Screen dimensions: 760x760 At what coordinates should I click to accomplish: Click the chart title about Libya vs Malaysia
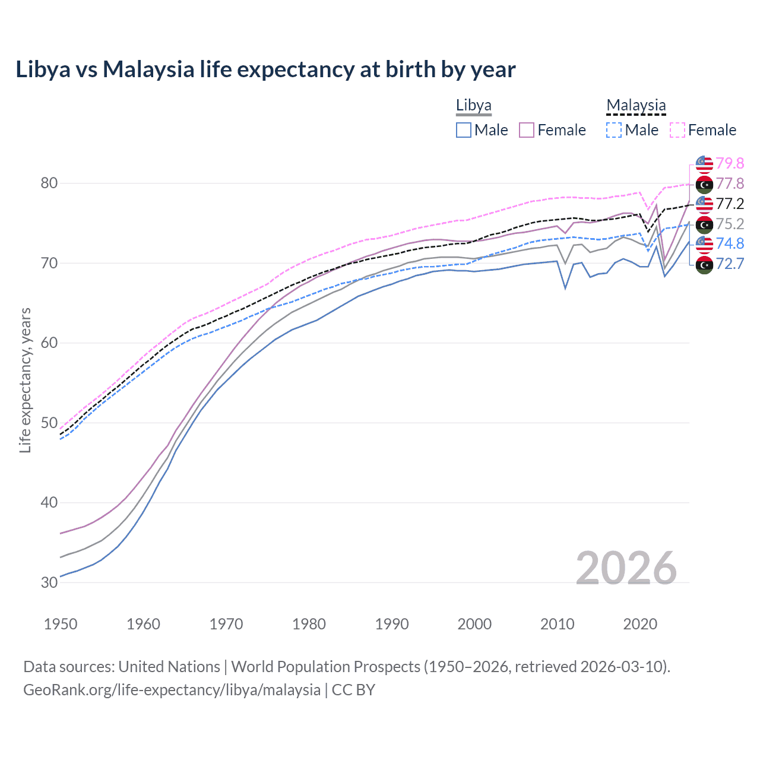[265, 69]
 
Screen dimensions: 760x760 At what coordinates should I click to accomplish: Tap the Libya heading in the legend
[473, 106]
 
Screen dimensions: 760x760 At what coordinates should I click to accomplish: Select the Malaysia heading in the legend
[636, 106]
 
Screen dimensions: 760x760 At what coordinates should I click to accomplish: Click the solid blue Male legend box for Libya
[464, 130]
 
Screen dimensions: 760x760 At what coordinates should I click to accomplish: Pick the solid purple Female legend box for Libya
[527, 130]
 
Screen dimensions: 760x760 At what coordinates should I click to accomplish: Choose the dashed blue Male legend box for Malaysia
[614, 130]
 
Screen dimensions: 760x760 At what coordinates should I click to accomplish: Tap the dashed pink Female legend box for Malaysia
[677, 130]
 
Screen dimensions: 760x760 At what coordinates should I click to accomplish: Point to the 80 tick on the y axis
[49, 183]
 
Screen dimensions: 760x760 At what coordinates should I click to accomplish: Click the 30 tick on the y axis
[49, 582]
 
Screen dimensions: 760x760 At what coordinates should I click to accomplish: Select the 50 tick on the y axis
[49, 423]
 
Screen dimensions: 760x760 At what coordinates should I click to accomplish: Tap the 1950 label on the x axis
[61, 624]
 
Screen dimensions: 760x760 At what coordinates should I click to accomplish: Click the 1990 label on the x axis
[392, 624]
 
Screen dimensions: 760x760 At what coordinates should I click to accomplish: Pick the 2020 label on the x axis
[640, 624]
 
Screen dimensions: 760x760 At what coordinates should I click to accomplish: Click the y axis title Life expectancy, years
[26, 380]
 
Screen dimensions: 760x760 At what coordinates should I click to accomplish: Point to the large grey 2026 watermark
[626, 568]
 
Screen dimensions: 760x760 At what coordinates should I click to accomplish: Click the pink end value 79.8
[730, 163]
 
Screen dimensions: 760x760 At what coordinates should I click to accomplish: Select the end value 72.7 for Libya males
[730, 264]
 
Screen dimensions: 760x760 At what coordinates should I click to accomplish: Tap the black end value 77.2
[730, 204]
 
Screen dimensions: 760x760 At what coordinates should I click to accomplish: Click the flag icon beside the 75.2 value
[704, 224]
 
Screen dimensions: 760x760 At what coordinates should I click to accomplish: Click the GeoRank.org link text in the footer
[172, 690]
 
